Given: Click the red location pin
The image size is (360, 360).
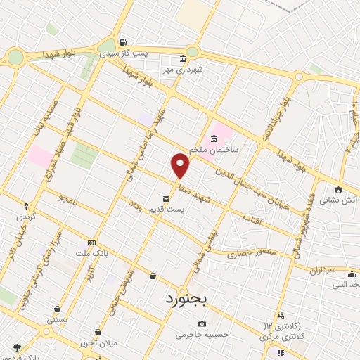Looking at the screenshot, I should [x=181, y=165].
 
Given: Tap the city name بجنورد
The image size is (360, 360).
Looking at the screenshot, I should [x=191, y=300].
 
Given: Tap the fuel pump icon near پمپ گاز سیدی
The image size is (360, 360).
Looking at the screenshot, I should [x=124, y=41].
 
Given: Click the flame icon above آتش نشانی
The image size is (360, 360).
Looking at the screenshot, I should [x=340, y=189].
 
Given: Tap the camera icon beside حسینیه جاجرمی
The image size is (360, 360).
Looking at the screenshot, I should [x=202, y=324].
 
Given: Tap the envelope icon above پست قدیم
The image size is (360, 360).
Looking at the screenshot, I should [x=166, y=199].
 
